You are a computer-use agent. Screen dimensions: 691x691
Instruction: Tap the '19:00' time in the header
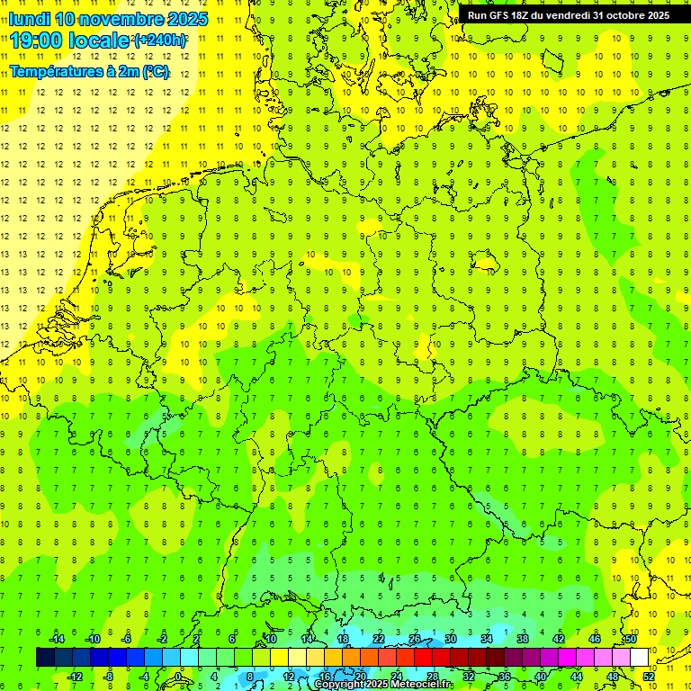[37, 40]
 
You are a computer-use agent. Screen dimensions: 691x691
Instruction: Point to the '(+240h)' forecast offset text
[160, 40]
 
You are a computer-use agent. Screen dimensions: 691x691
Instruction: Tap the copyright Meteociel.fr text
[382, 685]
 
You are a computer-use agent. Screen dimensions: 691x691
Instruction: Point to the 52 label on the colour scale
[649, 677]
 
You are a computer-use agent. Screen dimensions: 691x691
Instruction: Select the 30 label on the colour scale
[451, 638]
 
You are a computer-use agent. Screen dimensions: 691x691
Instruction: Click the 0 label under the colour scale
[179, 677]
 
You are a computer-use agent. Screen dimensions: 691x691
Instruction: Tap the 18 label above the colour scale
[343, 638]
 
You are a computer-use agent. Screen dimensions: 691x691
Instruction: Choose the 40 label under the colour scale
[541, 677]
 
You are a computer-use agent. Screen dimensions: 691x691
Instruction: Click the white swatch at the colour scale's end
[639, 657]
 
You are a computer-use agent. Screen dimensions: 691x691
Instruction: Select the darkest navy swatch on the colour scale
[45, 657]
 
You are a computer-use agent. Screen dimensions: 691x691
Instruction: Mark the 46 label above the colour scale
[595, 638]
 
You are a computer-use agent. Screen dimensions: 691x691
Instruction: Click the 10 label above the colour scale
[271, 638]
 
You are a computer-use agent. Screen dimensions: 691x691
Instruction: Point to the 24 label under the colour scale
[397, 677]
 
